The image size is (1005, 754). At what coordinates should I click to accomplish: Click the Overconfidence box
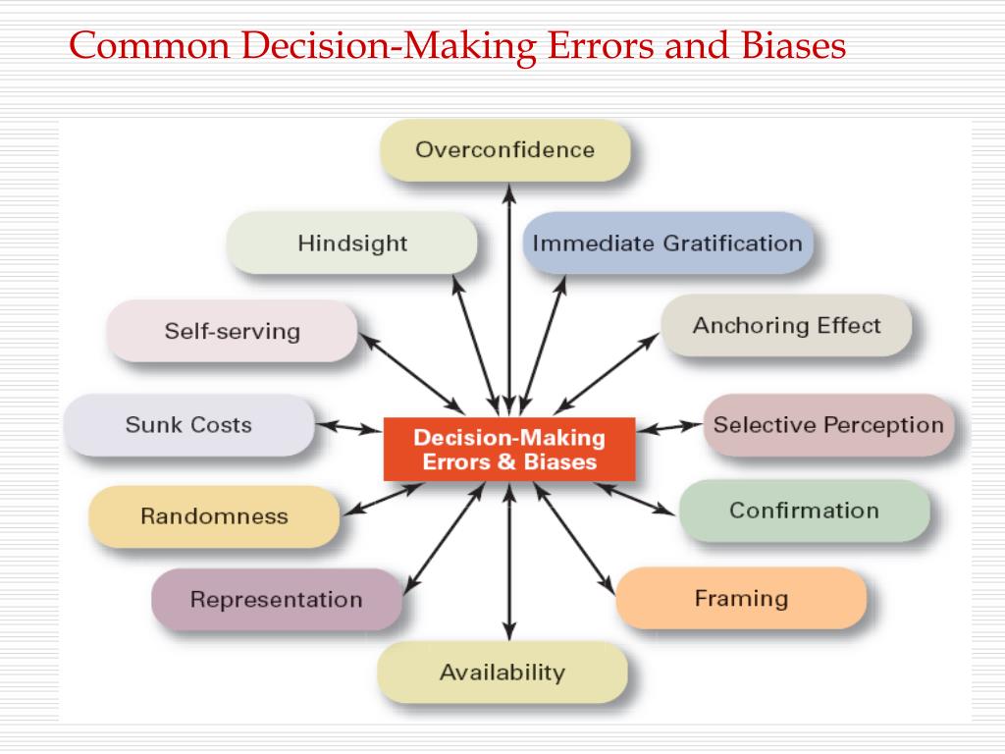click(x=504, y=150)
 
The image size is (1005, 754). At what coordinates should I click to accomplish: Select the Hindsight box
click(x=352, y=242)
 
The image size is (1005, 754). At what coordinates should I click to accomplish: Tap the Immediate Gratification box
click(x=667, y=242)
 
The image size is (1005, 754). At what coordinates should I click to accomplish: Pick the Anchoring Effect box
click(x=786, y=326)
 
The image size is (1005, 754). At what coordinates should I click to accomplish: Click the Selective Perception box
click(x=827, y=425)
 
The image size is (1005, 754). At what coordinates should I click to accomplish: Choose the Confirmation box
click(x=804, y=511)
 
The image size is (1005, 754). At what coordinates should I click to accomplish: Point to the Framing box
click(x=741, y=598)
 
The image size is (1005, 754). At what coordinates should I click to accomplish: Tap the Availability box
click(x=502, y=673)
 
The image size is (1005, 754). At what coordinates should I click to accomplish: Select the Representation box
click(x=276, y=599)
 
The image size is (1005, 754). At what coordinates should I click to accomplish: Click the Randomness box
click(x=214, y=516)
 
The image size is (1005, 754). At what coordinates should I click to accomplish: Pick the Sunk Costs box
click(x=188, y=425)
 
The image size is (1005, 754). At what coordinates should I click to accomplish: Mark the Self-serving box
click(x=232, y=331)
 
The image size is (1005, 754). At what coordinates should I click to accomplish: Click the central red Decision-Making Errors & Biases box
click(x=509, y=449)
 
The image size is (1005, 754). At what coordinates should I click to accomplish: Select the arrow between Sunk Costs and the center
click(x=348, y=427)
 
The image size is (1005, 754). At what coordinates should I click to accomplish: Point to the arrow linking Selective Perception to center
click(x=669, y=427)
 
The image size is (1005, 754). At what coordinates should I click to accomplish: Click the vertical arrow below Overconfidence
click(x=508, y=295)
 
